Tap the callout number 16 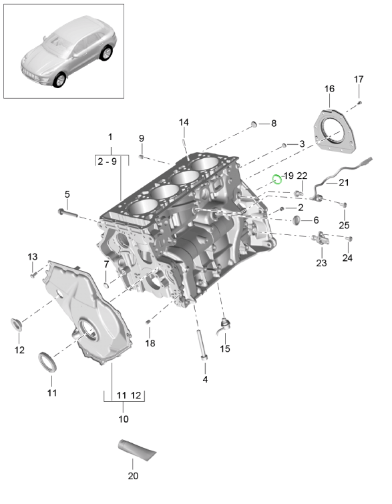[329, 89]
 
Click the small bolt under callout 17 [359, 103]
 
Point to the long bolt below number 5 [67, 212]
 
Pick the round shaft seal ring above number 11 [47, 362]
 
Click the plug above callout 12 [17, 324]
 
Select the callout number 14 [184, 122]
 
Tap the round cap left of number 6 [297, 220]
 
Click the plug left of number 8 [254, 123]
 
